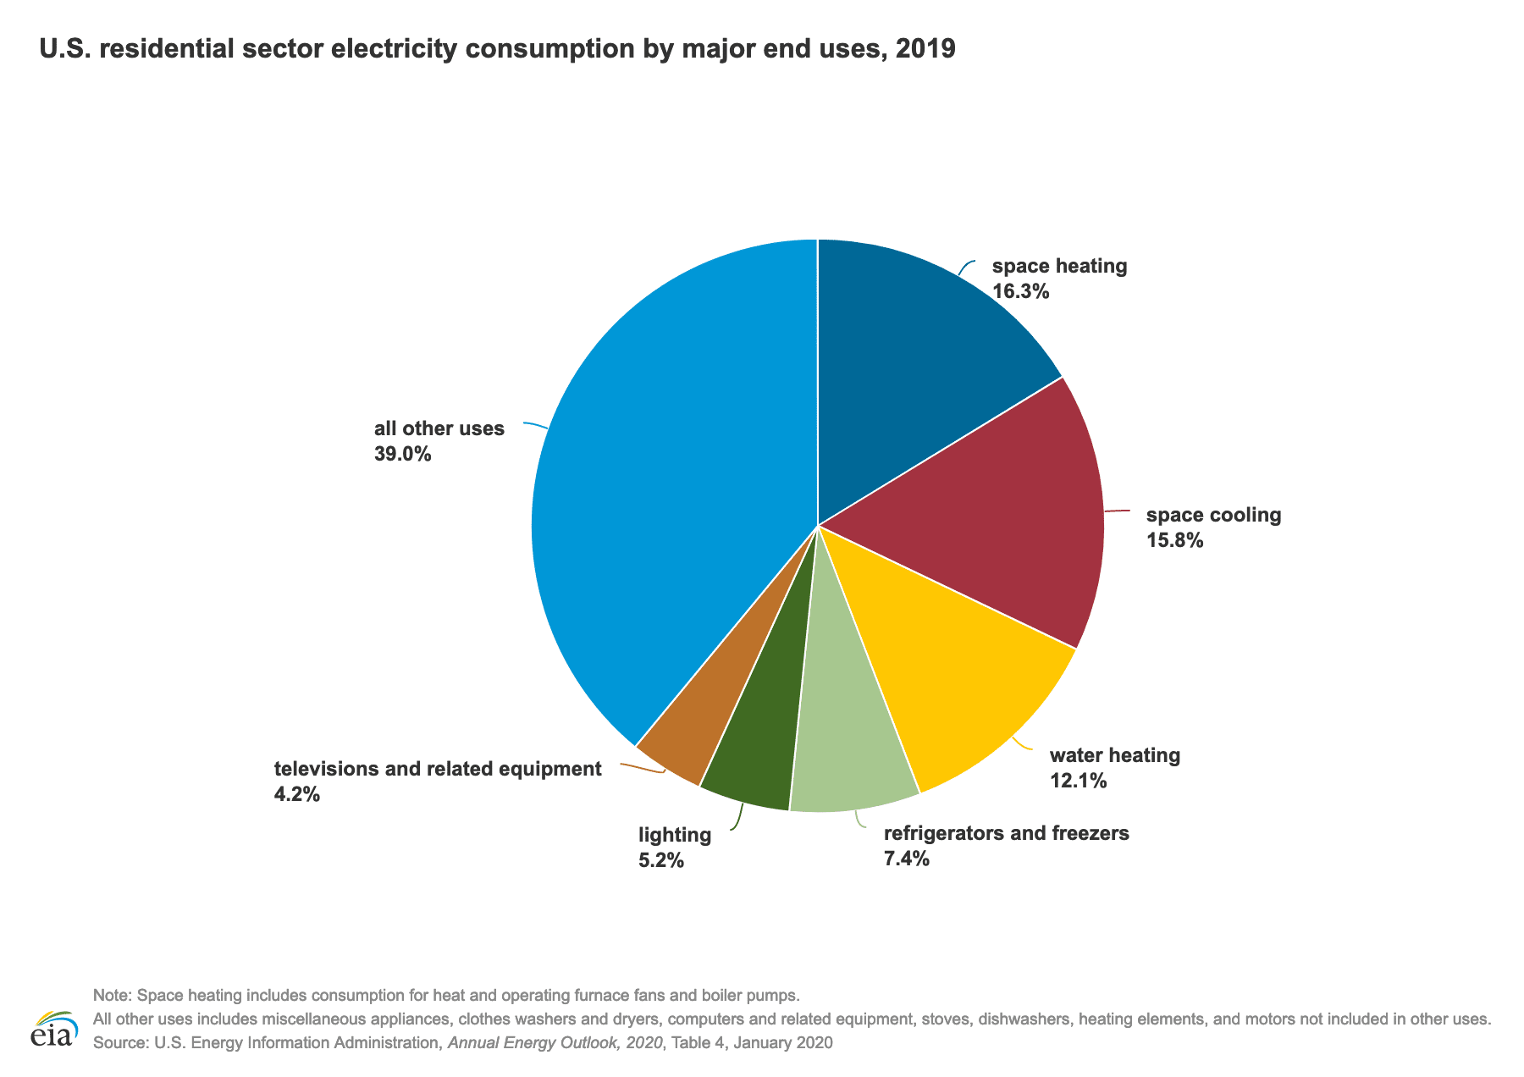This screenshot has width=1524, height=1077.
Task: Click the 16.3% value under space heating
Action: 1020,292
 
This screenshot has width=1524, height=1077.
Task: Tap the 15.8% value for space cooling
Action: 1174,540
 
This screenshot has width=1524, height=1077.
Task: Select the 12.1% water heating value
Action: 1078,781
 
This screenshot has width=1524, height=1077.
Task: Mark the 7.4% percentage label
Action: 906,859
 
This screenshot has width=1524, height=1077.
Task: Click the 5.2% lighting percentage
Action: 660,861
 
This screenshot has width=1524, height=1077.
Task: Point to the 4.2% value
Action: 296,794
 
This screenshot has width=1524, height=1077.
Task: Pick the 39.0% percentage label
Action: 402,454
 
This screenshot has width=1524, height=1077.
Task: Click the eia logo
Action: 53,1029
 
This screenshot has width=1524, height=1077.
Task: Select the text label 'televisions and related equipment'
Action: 437,769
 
